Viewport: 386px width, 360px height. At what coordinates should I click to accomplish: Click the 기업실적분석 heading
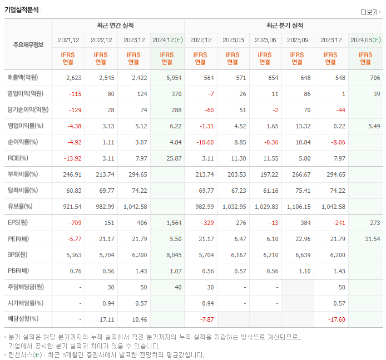click(22, 8)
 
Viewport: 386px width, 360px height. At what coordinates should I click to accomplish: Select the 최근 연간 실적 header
click(118, 26)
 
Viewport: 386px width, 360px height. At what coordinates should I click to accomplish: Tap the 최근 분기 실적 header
click(284, 26)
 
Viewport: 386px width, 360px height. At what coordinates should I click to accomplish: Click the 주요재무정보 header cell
click(28, 45)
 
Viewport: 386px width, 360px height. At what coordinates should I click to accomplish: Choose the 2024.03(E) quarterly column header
click(365, 40)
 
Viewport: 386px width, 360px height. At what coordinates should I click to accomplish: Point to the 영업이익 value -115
click(74, 94)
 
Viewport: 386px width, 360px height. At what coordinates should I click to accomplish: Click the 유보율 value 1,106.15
click(298, 207)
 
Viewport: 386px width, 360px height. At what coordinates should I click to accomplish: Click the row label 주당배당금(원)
click(26, 287)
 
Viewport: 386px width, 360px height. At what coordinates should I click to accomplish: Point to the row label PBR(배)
click(19, 271)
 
